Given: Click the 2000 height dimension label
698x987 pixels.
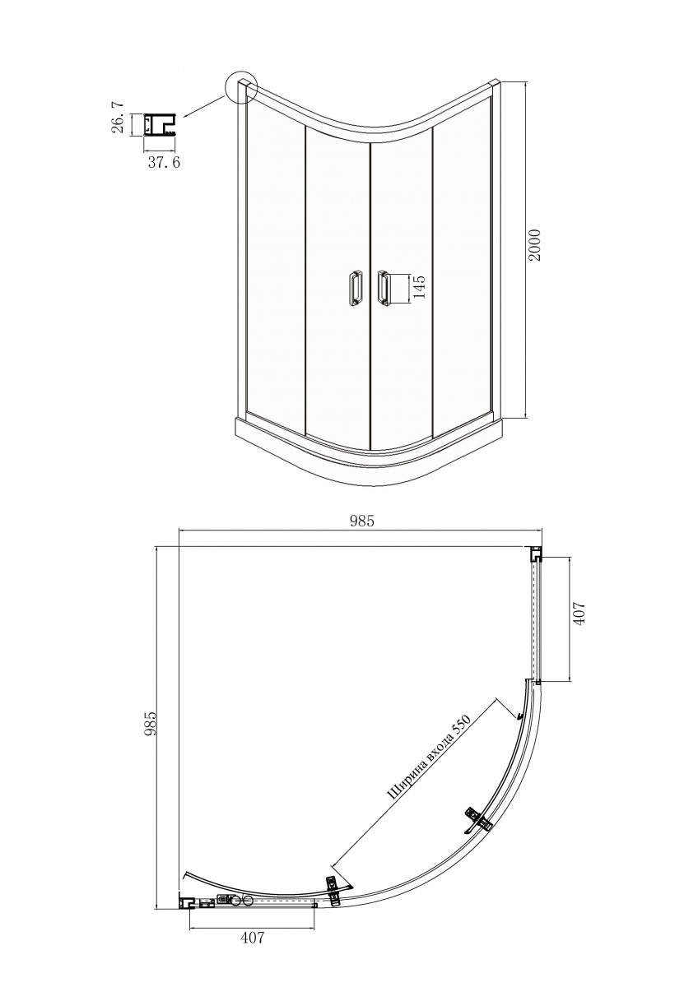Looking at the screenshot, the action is [x=535, y=245].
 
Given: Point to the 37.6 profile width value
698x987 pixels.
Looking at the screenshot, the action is [x=164, y=163].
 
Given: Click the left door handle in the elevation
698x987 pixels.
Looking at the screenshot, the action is [x=354, y=288].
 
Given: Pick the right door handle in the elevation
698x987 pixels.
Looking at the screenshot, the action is [x=383, y=288].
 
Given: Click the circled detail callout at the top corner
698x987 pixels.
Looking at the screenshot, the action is [x=240, y=88].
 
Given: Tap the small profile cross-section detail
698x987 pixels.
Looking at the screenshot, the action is [x=159, y=125].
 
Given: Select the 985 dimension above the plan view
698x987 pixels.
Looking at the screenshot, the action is [x=362, y=521].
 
